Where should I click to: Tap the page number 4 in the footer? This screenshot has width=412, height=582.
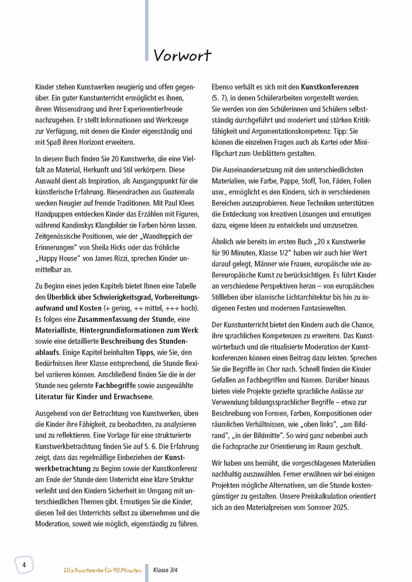24,565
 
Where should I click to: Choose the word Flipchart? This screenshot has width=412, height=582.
228,153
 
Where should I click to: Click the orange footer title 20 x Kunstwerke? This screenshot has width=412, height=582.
82,570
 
